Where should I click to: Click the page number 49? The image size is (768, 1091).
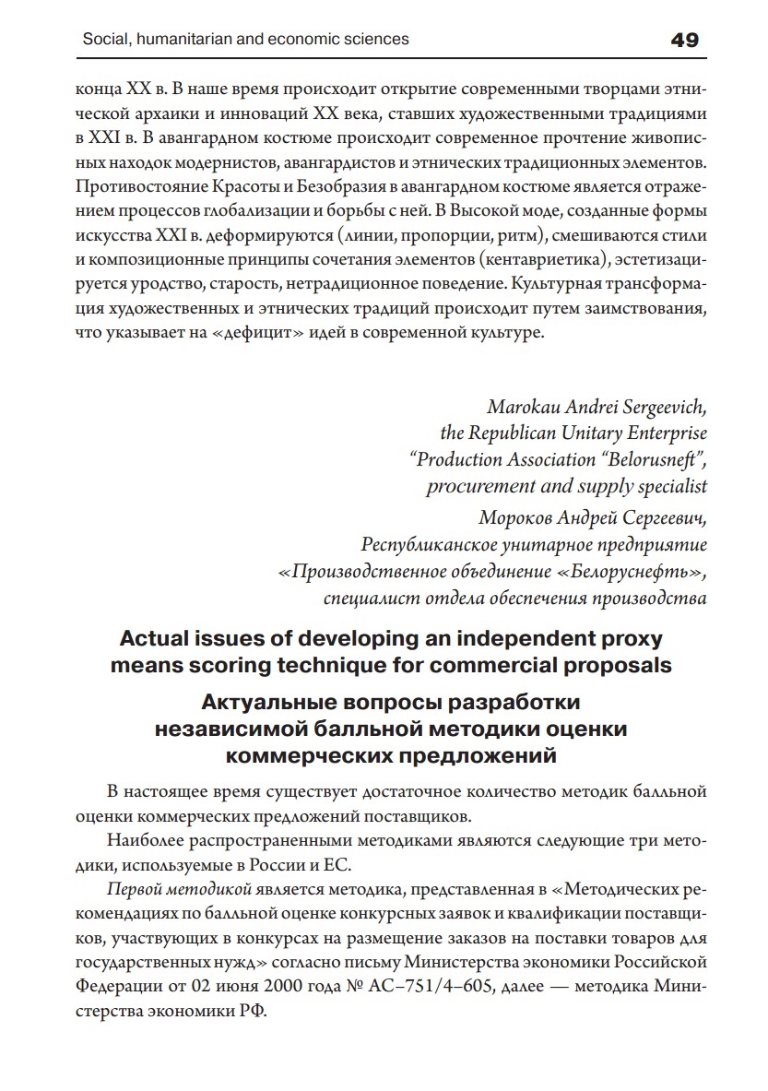[685, 40]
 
